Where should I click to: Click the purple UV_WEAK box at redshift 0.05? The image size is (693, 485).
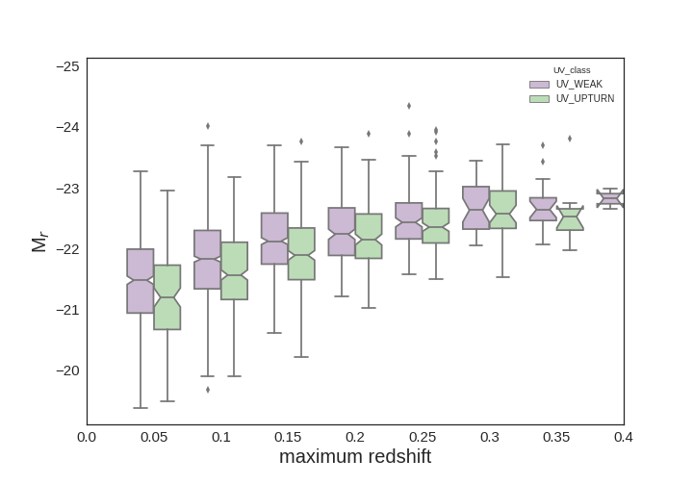pos(141,281)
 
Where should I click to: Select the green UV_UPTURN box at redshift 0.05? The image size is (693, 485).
pos(167,297)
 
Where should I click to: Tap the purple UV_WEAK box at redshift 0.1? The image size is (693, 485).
pos(208,260)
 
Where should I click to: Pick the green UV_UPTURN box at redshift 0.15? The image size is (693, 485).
pos(301,254)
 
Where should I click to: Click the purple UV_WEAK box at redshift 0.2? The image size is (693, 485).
pos(342,232)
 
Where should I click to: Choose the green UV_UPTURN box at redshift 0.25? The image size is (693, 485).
pos(436,226)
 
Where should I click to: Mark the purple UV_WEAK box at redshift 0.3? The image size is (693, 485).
pos(476,208)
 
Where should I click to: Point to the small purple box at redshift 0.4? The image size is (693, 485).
pos(610,199)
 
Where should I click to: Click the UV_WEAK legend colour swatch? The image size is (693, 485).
pos(539,85)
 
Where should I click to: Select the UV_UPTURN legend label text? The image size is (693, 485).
pos(585,99)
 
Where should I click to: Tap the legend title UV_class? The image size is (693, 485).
pos(572,70)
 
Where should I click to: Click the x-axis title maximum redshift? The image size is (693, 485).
pos(355,457)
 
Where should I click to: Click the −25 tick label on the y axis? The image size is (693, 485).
pos(67,66)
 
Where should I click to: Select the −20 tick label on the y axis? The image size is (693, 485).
pos(67,370)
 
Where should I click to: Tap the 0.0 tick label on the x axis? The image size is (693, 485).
pos(87,437)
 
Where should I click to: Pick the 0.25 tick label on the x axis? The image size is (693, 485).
pos(423,437)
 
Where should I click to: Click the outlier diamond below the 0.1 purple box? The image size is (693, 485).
pos(208,390)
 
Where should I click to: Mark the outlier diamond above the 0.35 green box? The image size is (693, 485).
pos(570,139)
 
